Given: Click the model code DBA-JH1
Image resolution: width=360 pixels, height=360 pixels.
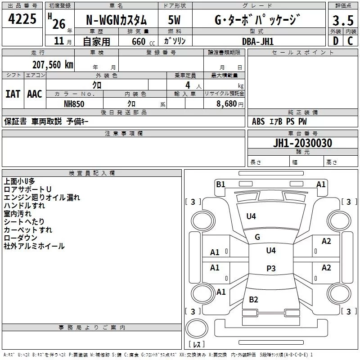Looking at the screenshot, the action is pos(258,41).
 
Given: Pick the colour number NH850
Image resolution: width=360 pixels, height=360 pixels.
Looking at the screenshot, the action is pos(75,103).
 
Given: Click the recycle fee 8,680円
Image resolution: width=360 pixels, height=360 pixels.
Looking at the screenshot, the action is pos(230,103).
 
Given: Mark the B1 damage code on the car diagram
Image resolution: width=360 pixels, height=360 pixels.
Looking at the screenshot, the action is pos(220,184).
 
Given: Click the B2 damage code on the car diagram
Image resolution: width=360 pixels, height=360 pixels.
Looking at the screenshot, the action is pos(253,300).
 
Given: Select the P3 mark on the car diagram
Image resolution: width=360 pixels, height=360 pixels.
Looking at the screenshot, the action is pos(271,269).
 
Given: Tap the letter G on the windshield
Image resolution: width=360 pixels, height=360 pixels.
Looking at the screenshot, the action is pos(257,237).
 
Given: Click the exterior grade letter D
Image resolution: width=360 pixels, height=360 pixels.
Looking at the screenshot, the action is pos(335,41).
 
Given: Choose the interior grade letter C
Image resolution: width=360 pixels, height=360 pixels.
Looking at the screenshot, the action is pos(350,41).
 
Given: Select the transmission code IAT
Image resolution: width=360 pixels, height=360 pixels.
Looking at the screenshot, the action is pos(13,94).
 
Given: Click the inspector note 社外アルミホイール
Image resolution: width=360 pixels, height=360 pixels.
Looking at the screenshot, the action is pos(34,246).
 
